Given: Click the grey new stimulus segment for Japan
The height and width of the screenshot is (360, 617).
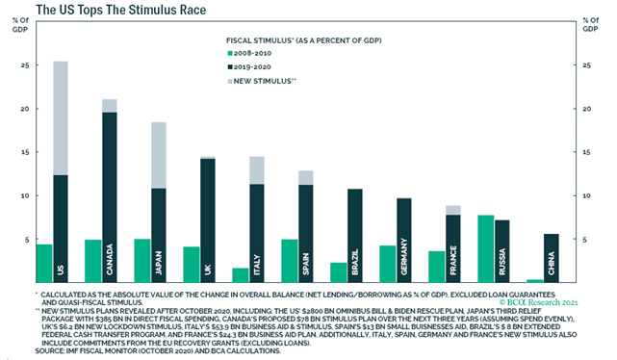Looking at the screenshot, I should pos(159,154).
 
